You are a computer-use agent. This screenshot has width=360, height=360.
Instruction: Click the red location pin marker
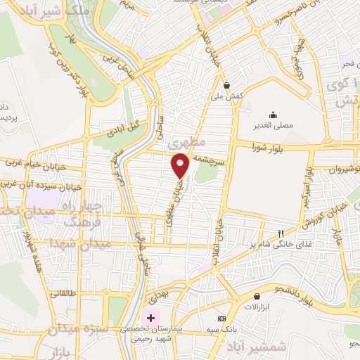point(180,165)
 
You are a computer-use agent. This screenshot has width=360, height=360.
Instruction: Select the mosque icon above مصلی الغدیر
point(274,115)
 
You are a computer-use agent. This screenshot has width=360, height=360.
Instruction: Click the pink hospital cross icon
point(150,317)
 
